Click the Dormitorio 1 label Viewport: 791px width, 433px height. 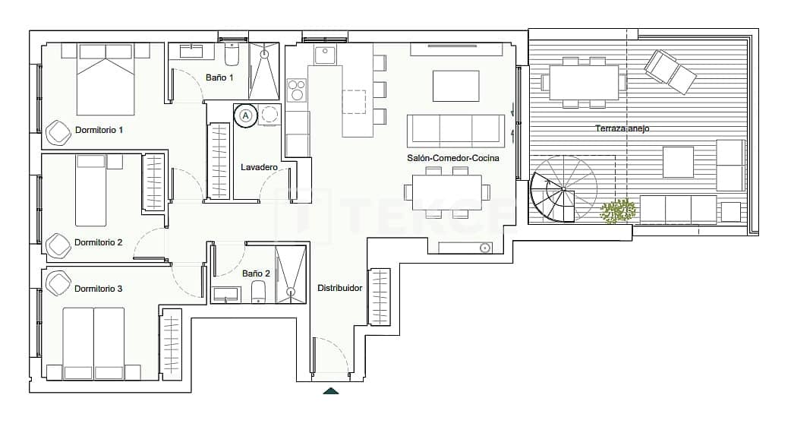coord(99,130)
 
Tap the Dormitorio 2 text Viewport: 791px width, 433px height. coord(98,242)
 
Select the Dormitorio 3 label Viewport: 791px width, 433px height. coord(98,289)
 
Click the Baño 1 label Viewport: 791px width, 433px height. coord(219,77)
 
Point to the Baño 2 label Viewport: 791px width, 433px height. coord(256,273)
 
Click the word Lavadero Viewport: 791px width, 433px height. coord(259,167)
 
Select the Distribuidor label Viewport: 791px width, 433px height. coord(339,289)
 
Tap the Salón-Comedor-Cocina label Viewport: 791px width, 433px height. coord(452,158)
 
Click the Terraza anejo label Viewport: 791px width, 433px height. coord(622,128)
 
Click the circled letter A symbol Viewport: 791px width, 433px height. coord(245,115)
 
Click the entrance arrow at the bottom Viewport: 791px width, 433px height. coord(330,390)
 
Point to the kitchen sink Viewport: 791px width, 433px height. coord(326,55)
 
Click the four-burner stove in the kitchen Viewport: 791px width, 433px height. coord(295,90)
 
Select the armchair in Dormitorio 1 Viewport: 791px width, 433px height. coord(58,132)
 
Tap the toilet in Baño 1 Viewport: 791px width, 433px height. coord(232,55)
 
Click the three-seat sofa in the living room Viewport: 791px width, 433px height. coord(455,131)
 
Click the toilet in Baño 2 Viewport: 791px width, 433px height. coord(258,292)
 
